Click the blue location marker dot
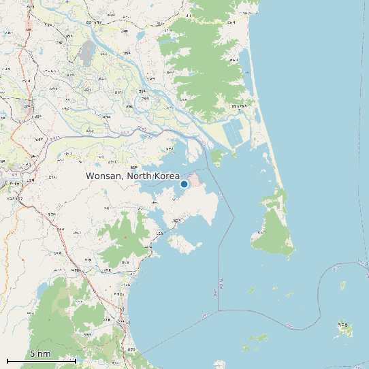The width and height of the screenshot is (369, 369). [x=184, y=184]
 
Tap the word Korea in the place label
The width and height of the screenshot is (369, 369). [x=166, y=176]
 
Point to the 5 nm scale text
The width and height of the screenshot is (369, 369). [x=40, y=354]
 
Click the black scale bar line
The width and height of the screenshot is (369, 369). [x=41, y=360]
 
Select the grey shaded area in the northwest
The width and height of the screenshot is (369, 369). [x=88, y=50]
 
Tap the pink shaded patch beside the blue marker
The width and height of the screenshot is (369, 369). [x=195, y=180]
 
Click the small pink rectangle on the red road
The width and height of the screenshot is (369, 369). [x=28, y=29]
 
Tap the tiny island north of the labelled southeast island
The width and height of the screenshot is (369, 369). [x=343, y=285]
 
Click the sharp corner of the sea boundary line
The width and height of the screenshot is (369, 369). [x=219, y=310]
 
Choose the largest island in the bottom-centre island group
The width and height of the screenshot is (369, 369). [x=258, y=338]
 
